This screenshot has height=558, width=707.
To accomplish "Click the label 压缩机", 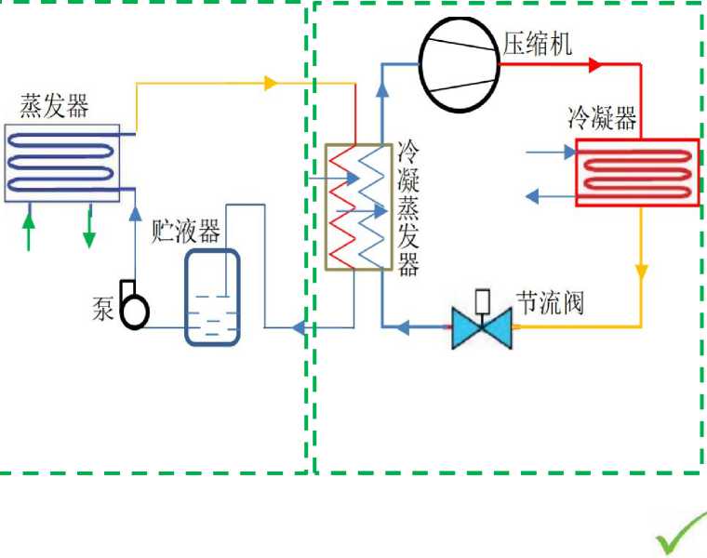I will (537, 43).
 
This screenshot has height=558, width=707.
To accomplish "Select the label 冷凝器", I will (602, 118).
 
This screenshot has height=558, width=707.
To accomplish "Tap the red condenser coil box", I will (637, 172).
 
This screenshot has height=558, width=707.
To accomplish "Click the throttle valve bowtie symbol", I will (482, 327).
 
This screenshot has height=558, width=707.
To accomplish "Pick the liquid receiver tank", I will (212, 297).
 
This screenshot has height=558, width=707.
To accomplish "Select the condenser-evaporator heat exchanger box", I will (358, 206).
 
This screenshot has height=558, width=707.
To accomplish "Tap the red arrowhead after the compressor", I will (595, 65).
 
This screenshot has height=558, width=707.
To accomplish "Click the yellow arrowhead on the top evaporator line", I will (271, 84).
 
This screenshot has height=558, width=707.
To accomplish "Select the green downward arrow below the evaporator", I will (89, 232).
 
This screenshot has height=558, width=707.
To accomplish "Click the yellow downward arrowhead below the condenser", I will (641, 272).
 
